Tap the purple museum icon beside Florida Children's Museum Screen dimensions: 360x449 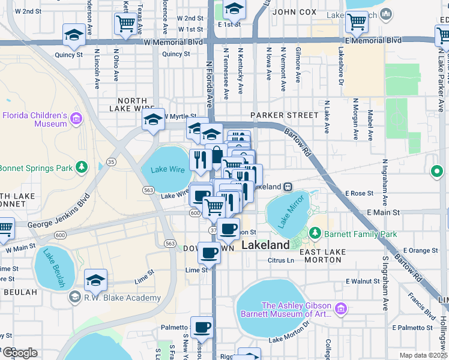pos(76,119)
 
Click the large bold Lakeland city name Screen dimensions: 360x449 pos(265,245)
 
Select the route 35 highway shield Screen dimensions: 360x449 pos(111,161)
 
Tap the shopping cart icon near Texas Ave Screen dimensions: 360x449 pos(125,23)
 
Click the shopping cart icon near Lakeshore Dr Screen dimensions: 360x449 pos(357,22)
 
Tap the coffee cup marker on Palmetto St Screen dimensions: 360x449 pos(202,327)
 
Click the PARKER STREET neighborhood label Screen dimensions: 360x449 pos(285,115)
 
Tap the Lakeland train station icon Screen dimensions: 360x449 pos(288,187)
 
